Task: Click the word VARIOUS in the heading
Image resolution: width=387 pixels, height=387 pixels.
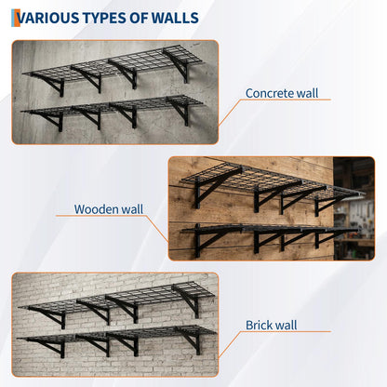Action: tap(47, 18)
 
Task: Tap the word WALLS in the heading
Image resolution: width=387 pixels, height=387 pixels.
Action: tap(175, 18)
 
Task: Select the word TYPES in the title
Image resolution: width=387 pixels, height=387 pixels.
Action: tap(104, 18)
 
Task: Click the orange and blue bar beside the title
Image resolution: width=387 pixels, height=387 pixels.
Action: tap(16, 18)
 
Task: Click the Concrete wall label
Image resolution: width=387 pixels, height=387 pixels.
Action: tap(282, 93)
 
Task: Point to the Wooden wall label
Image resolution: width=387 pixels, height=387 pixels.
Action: tap(109, 209)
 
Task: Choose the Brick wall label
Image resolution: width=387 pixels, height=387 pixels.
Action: tap(272, 325)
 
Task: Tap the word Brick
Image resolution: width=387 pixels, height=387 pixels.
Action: tap(258, 325)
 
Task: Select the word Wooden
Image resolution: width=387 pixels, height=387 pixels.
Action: tap(96, 209)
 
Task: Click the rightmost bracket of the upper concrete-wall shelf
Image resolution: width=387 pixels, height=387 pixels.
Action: tap(179, 65)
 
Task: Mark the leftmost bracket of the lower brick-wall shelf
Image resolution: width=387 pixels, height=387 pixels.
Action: tap(49, 347)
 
